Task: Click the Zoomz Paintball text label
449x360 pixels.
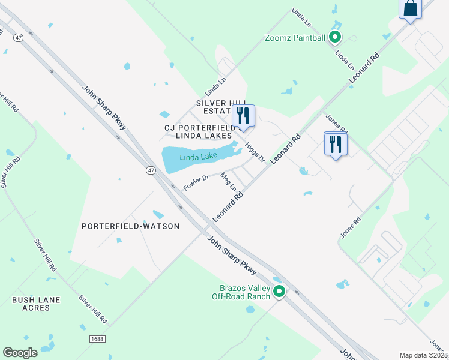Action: click(x=295, y=38)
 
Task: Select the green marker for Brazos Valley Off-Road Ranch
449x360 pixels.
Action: click(x=279, y=292)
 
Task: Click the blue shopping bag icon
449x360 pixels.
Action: click(x=411, y=9)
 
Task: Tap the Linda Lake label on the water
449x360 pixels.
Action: click(x=199, y=157)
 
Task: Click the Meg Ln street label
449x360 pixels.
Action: click(x=228, y=181)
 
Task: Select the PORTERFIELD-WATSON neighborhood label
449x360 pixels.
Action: click(x=130, y=226)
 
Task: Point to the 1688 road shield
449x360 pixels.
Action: click(x=98, y=339)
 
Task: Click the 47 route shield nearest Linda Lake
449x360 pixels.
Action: click(x=151, y=170)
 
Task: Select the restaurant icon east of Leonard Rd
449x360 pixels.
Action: click(x=336, y=143)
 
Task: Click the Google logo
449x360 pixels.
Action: click(x=20, y=352)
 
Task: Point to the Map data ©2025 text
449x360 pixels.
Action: click(x=422, y=355)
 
